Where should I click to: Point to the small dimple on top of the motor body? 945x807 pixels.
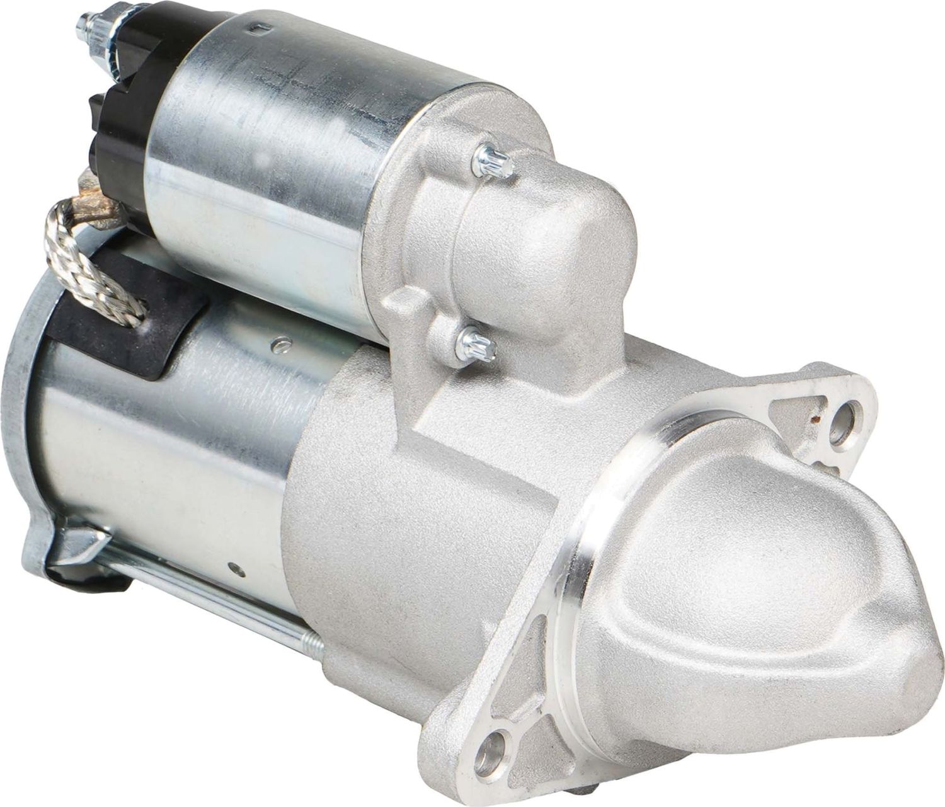tap(276, 345)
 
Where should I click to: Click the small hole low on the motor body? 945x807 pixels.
tap(234, 548)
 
